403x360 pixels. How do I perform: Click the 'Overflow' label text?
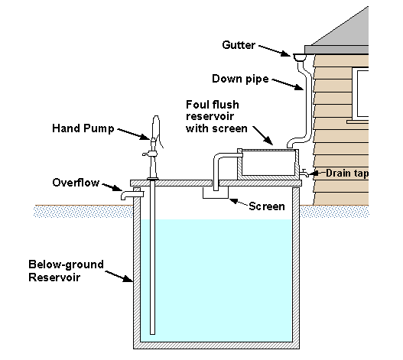76,183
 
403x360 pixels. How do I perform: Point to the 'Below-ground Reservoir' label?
67,271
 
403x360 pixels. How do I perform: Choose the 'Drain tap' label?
347,174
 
